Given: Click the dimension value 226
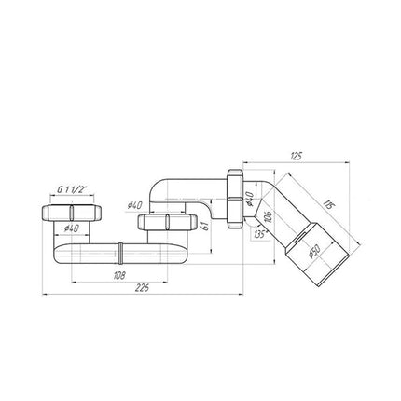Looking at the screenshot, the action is [x=142, y=287].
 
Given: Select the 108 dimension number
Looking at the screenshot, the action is [x=119, y=275].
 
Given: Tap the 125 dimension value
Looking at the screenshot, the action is [x=296, y=156].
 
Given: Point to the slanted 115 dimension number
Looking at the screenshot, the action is [x=327, y=206].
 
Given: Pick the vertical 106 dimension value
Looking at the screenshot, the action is [x=269, y=216].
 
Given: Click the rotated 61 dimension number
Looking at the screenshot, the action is [x=205, y=226].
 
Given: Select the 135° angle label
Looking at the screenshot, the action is [x=260, y=234].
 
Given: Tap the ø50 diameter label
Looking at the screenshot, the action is [x=313, y=251].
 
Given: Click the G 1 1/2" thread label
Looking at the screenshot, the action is [x=72, y=189].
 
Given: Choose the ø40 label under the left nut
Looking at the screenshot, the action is [x=71, y=228].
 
